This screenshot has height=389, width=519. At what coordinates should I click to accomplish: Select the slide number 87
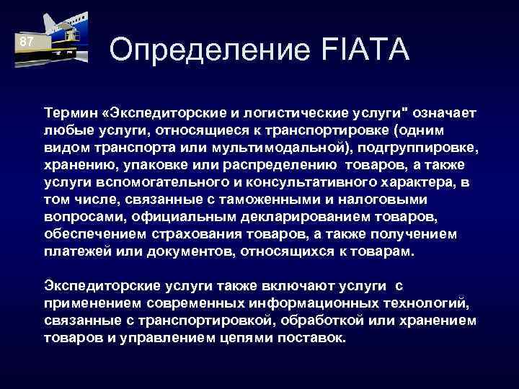(26, 42)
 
